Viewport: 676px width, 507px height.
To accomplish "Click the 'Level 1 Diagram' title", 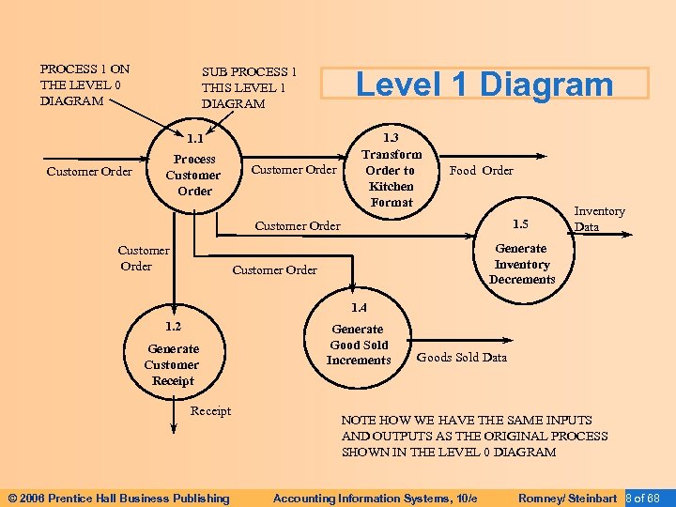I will click(484, 84).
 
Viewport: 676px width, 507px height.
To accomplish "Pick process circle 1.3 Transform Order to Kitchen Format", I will click(392, 170).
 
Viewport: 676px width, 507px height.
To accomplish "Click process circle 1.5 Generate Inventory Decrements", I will click(522, 256).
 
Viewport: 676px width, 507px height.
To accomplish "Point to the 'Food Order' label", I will click(481, 171).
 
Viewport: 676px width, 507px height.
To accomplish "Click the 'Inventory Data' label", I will click(599, 219).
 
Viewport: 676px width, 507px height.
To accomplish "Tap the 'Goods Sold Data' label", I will click(461, 357).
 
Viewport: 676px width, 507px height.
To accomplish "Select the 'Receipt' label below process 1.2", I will click(210, 411).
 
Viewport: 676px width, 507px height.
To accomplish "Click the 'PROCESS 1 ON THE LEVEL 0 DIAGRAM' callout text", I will click(84, 84).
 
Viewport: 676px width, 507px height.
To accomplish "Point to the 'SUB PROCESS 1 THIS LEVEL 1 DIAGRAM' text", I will click(249, 87).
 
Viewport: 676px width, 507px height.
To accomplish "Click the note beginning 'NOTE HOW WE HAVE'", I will click(474, 436).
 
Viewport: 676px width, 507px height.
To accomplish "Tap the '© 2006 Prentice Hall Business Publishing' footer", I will click(118, 498).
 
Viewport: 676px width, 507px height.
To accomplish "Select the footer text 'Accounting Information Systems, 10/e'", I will click(375, 498).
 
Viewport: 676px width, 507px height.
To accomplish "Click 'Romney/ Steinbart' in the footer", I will click(567, 498).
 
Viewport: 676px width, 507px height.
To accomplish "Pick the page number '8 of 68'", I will click(645, 498).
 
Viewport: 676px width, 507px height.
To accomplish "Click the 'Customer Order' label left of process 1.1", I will click(89, 172).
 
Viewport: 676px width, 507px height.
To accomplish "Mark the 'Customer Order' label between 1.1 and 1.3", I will click(294, 170).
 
